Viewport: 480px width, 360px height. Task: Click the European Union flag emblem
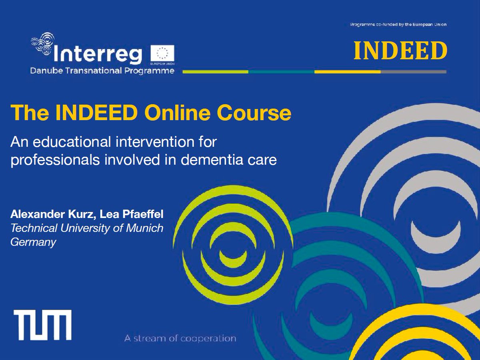point(162,54)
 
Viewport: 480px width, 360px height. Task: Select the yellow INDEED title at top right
point(400,51)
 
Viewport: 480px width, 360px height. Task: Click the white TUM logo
point(43,325)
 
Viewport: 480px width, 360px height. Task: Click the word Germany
point(33,242)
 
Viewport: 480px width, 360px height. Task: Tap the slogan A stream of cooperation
point(180,338)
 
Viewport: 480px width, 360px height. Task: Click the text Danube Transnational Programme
point(102,71)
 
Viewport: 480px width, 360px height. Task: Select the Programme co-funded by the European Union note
point(398,24)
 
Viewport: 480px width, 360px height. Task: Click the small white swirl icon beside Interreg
point(42,45)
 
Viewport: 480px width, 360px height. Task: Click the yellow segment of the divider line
point(347,72)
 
